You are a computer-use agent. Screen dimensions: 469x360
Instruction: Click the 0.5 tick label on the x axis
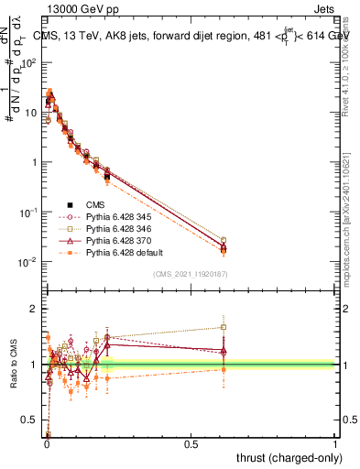tap(191, 444)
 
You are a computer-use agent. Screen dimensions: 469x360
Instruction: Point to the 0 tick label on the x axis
tap(47, 444)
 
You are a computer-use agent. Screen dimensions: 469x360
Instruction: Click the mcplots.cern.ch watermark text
tap(354, 229)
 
